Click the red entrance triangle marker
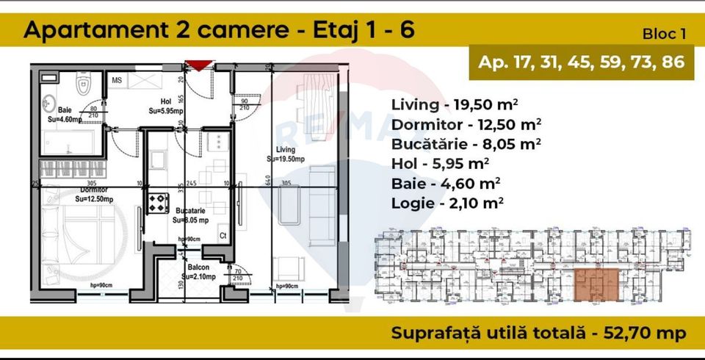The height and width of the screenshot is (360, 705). [197, 65]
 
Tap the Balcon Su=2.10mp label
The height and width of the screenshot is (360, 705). [198, 273]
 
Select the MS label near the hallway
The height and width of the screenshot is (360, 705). [117, 79]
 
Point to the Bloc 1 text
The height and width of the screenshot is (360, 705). [665, 34]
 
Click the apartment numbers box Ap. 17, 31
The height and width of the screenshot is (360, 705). [580, 62]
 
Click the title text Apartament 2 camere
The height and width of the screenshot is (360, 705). [147, 30]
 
